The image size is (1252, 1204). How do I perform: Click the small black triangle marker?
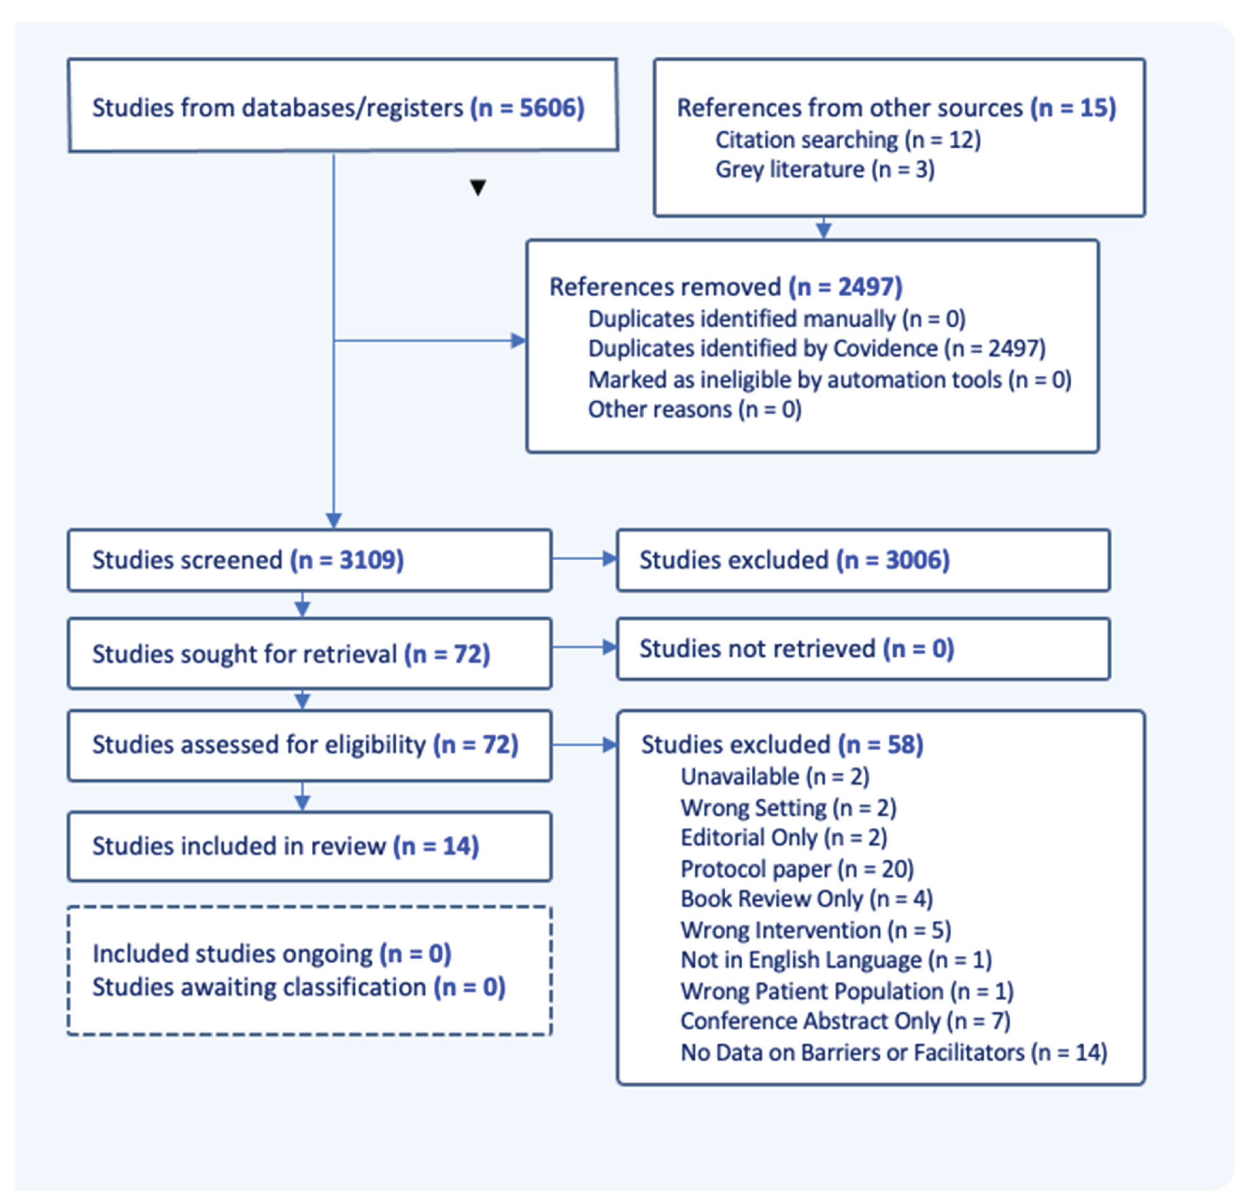(x=478, y=187)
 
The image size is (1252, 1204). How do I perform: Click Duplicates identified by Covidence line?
(x=816, y=348)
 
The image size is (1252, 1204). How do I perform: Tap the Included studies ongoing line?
(x=272, y=953)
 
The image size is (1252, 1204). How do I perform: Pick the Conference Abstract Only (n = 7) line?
(x=845, y=1020)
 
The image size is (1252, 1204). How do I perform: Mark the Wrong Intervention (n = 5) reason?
(x=815, y=930)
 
